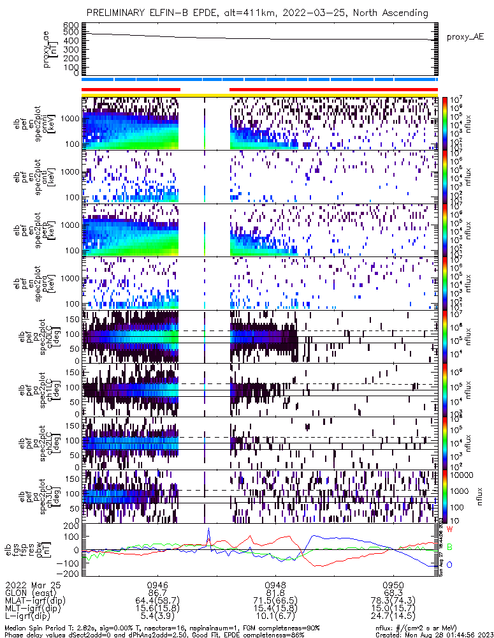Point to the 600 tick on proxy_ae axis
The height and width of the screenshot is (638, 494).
coord(71,25)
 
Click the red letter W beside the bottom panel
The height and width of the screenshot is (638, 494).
coord(450,530)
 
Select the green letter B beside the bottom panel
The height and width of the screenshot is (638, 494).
coord(450,547)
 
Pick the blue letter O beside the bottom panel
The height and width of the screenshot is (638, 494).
coord(450,565)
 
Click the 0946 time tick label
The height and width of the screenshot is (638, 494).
coord(157,584)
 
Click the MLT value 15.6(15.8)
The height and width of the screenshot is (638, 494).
coord(157,609)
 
